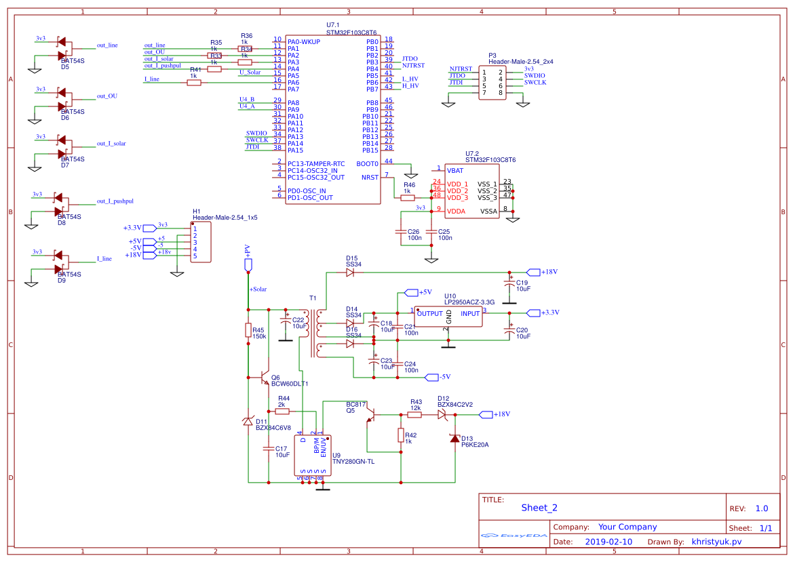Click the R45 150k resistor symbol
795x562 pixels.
point(248,330)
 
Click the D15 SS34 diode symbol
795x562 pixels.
point(349,273)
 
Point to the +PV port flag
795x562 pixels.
point(248,263)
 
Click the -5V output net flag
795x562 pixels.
point(433,376)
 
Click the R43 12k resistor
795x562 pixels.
point(414,414)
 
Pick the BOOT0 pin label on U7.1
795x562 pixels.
point(366,163)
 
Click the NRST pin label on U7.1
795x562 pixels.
point(370,177)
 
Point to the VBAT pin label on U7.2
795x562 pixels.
point(455,170)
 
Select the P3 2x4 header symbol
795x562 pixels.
point(492,83)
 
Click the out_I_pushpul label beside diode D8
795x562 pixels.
point(115,201)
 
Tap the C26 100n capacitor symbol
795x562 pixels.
point(401,232)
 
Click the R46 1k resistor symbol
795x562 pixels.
point(408,198)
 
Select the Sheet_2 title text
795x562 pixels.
point(539,507)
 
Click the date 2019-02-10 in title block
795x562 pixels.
point(608,542)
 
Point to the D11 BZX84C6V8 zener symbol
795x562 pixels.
point(248,422)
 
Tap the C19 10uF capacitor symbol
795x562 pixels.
point(509,281)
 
